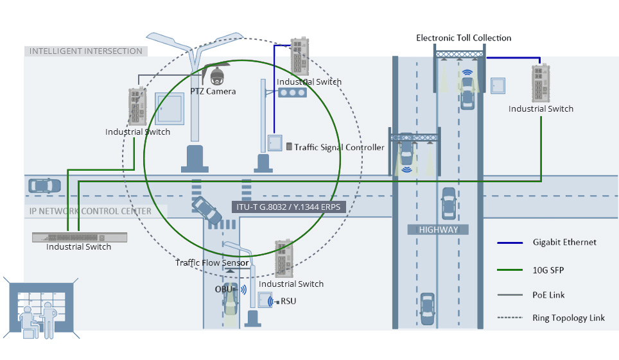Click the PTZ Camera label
point(213,91)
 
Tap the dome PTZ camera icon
point(217,76)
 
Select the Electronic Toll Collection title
point(464,38)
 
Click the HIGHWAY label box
point(439,229)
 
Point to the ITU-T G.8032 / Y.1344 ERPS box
point(288,207)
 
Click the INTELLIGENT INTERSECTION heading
point(86,51)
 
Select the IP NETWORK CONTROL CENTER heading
point(91,211)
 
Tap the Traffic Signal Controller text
point(339,147)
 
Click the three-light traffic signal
point(292,92)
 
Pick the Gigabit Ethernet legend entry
point(564,242)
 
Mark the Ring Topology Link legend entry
point(568,318)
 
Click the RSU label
point(288,300)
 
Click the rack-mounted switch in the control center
point(80,237)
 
